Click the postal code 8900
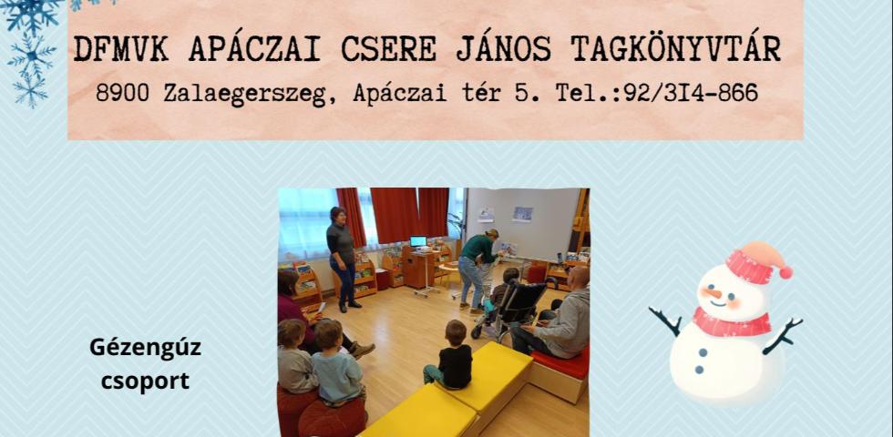(124, 93)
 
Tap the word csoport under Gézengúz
(146, 379)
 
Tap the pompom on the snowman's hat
(785, 271)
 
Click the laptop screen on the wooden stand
(418, 241)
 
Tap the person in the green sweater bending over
(477, 264)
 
